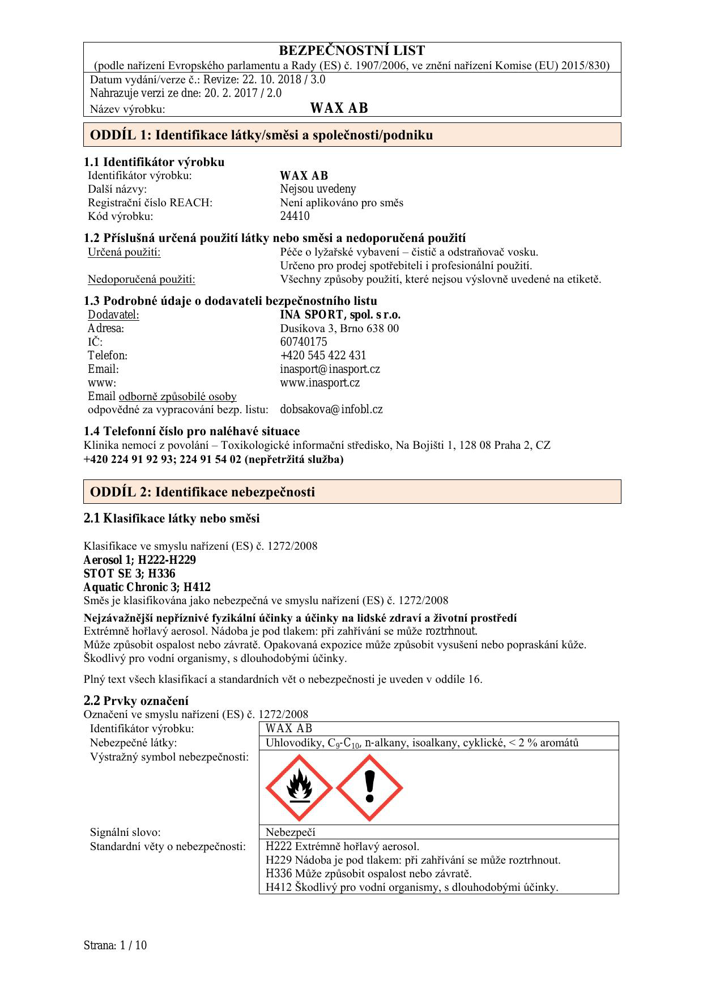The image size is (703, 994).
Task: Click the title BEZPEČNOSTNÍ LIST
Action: click(352, 50)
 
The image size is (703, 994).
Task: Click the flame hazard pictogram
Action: click(299, 788)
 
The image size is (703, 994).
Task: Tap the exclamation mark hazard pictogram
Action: click(369, 788)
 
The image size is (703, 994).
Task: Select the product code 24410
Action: click(295, 216)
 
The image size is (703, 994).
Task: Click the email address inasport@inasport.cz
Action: click(330, 369)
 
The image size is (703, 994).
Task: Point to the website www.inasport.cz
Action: click(319, 383)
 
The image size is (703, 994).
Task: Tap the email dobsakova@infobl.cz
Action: click(331, 409)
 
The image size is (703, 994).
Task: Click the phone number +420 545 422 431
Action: click(323, 355)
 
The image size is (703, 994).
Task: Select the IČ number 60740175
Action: click(303, 342)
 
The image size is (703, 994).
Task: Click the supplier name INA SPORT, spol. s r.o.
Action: click(340, 315)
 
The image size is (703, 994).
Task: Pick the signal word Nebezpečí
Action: click(290, 832)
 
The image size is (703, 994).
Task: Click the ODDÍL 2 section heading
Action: click(202, 492)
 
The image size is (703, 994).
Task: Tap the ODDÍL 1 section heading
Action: click(261, 135)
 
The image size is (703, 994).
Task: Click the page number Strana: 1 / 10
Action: click(115, 945)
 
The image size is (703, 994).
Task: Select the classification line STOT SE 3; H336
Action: click(129, 574)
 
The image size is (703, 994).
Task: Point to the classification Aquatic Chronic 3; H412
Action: click(147, 587)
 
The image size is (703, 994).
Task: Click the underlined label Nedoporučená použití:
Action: click(142, 279)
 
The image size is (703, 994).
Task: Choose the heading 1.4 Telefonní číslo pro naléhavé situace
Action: click(191, 431)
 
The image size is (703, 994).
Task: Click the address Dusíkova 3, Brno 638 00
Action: click(339, 328)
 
